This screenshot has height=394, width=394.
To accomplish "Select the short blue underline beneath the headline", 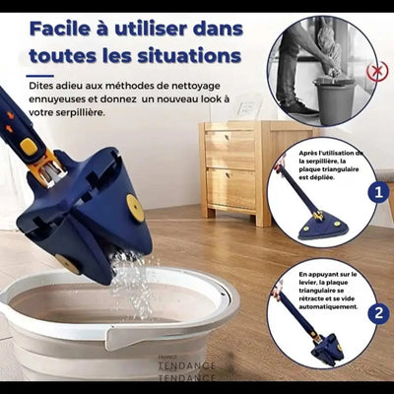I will (x=39, y=76).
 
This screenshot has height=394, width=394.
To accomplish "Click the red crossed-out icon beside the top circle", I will (x=376, y=71).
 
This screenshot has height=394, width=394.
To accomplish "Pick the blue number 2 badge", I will (x=377, y=313).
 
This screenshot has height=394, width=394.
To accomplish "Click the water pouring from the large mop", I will (x=130, y=281).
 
